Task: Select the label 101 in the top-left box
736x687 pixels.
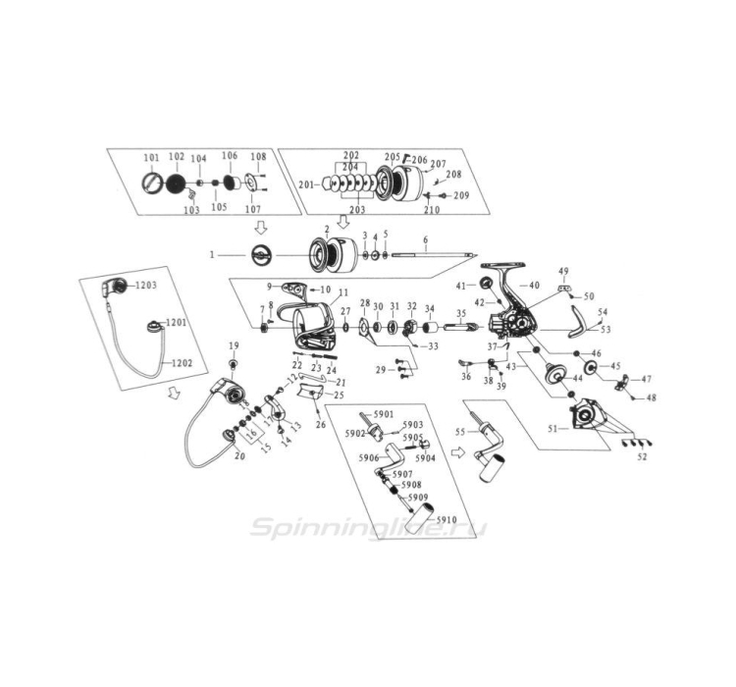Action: tap(150, 158)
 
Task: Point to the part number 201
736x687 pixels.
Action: tap(305, 185)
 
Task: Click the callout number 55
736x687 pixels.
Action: tap(459, 432)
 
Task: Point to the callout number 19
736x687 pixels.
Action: tap(234, 345)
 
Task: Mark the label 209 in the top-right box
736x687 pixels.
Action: tap(460, 195)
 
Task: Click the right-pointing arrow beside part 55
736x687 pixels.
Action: tap(456, 454)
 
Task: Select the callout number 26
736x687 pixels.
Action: tap(320, 424)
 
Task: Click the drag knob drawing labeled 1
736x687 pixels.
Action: tap(261, 255)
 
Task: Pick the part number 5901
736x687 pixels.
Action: tap(382, 414)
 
